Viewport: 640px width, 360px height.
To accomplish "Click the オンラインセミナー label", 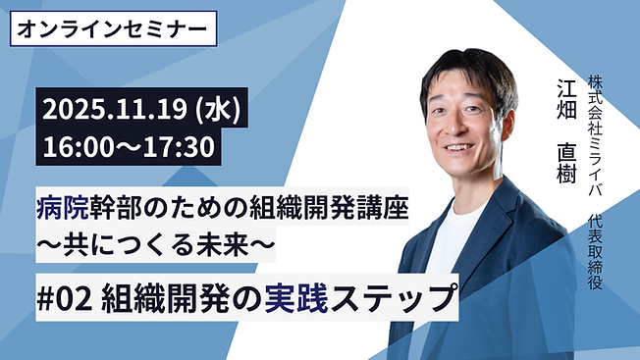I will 114,27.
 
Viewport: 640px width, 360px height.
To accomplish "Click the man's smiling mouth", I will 461,149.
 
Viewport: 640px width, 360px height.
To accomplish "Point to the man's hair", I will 466,69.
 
